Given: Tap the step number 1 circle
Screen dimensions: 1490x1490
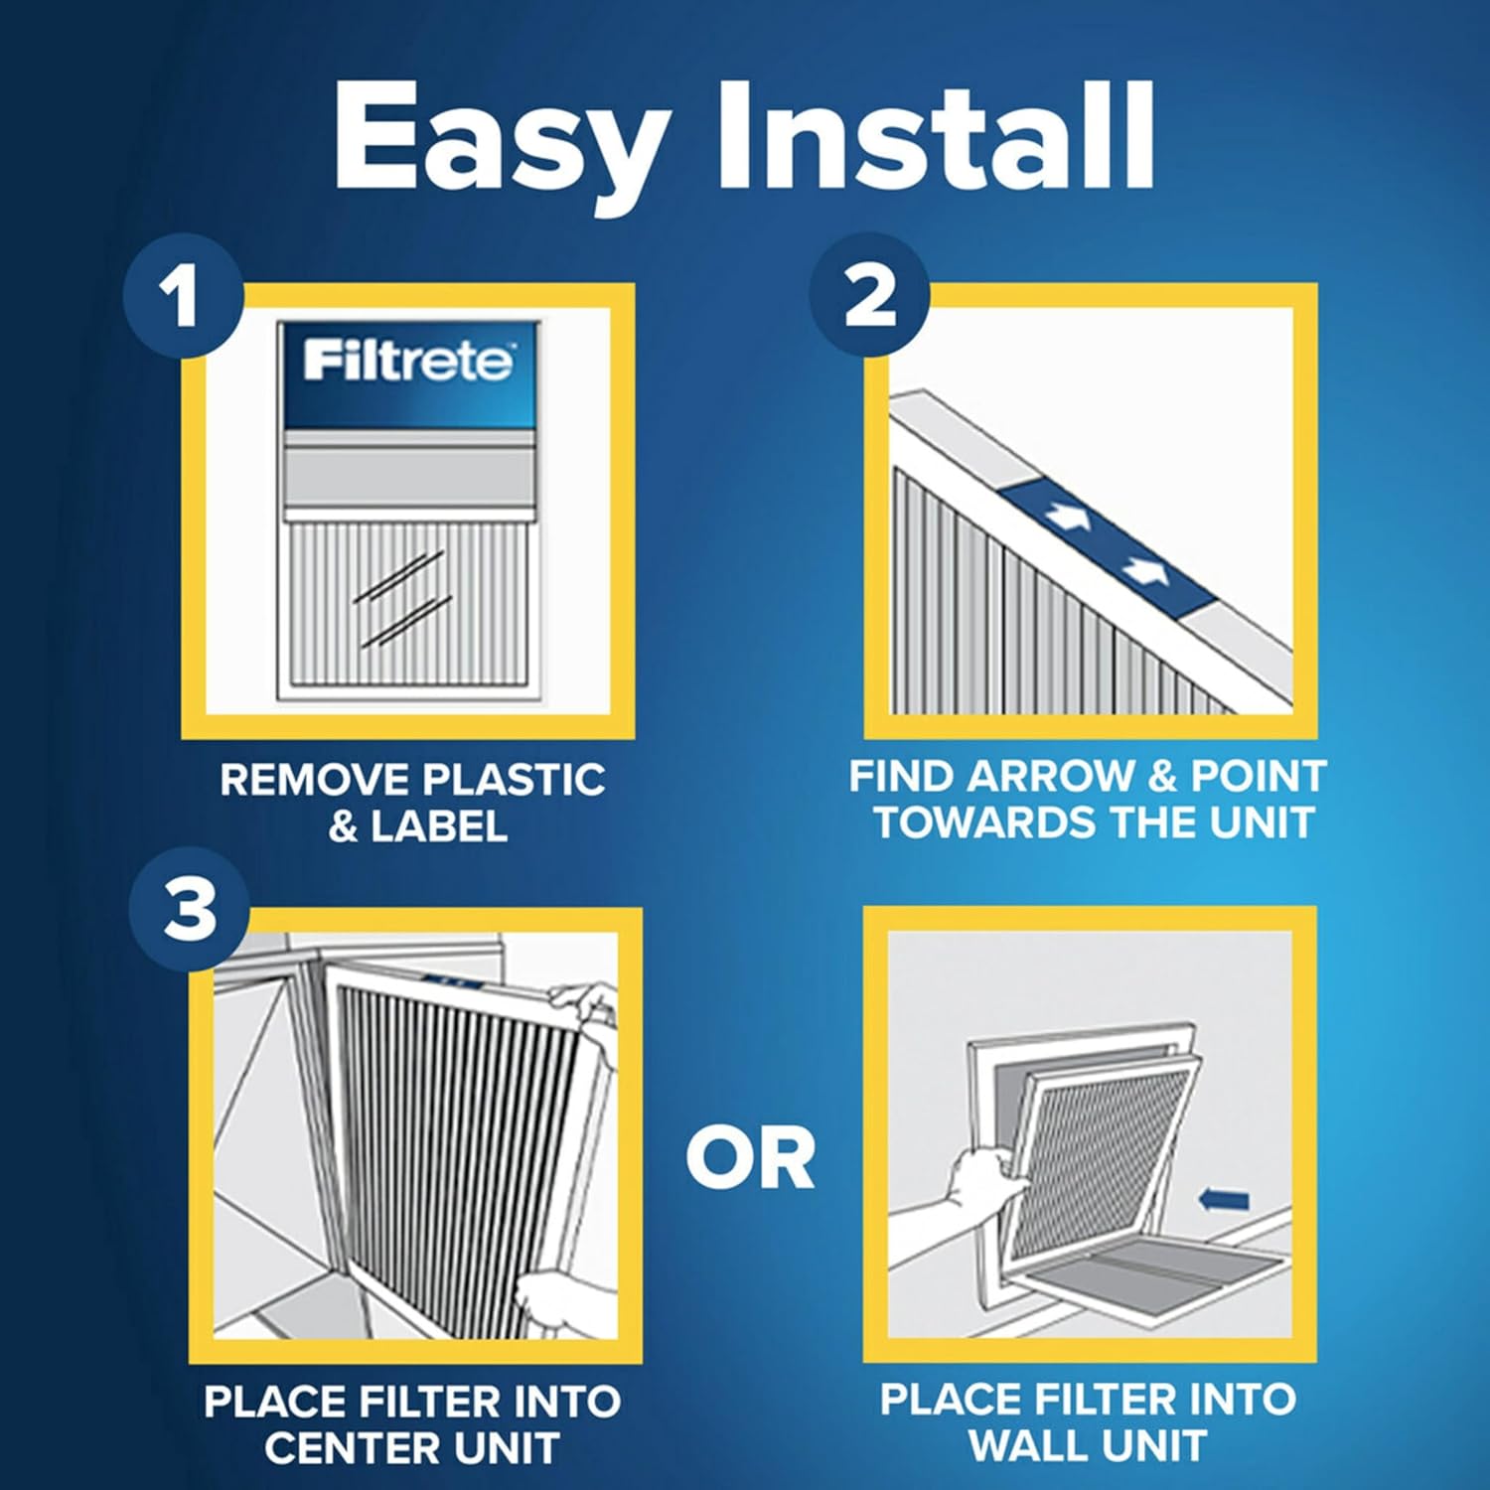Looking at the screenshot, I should pyautogui.click(x=183, y=295).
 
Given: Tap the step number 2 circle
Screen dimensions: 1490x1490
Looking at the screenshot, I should pyautogui.click(x=869, y=295).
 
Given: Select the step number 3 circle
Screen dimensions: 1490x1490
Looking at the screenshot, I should pyautogui.click(x=189, y=909).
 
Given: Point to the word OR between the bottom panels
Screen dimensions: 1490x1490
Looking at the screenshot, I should pyautogui.click(x=750, y=1158).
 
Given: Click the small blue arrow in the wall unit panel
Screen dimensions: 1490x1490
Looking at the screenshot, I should pyautogui.click(x=1224, y=1200).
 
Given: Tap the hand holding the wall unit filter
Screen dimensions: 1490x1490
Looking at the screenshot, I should pyautogui.click(x=983, y=1182).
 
